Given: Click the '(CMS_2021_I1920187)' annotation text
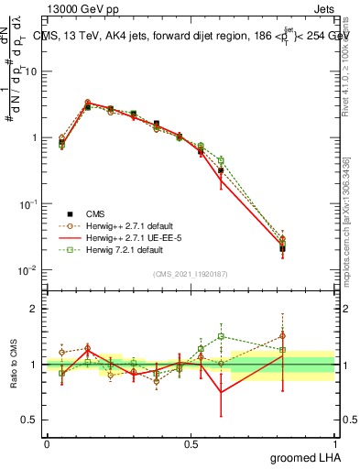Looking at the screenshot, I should pos(191,274).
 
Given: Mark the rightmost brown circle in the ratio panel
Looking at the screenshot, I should pos(282,336).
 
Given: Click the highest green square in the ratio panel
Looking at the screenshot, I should pos(221,336).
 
